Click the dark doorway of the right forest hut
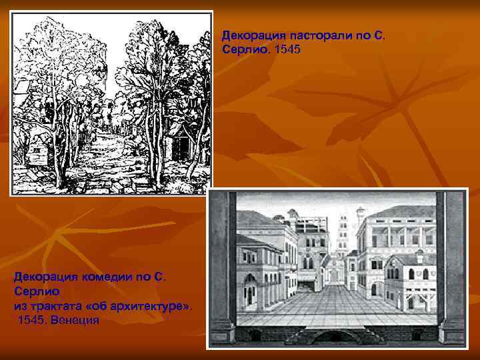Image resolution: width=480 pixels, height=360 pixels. (178, 149)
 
